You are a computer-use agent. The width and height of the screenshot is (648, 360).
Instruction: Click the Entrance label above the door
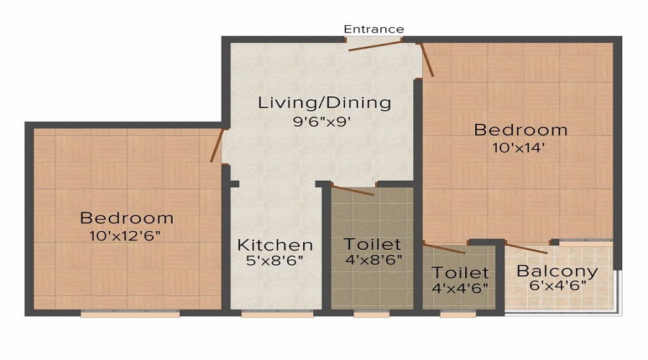coord(374,29)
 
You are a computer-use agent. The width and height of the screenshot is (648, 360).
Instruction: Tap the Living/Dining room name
coord(325,103)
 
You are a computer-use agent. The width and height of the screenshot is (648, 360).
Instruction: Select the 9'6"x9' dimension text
coord(322,122)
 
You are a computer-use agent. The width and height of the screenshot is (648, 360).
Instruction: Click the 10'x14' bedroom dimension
coord(518,148)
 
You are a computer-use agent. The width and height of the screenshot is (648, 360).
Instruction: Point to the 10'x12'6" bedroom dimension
coord(125,235)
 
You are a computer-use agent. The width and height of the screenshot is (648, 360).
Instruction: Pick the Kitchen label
coord(275,245)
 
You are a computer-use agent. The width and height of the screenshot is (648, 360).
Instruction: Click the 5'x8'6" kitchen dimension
coord(274,261)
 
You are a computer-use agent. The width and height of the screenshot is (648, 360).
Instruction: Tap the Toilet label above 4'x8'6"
coord(372,244)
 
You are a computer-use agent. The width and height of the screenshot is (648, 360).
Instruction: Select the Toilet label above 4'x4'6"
coord(460,273)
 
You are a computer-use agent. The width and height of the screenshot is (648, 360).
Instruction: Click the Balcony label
coord(557,271)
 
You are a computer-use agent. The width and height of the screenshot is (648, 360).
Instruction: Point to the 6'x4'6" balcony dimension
coord(557,285)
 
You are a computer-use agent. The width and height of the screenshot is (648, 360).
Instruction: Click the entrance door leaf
coord(375,46)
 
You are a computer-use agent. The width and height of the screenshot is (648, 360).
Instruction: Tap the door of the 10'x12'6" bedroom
coord(217,145)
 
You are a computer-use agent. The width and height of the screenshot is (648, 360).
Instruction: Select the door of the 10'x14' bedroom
coord(427,60)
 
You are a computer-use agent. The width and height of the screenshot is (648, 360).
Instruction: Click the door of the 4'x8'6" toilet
coord(353,191)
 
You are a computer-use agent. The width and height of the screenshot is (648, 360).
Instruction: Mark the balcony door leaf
coord(527,248)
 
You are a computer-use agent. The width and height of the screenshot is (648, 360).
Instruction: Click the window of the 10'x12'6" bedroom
coord(130,314)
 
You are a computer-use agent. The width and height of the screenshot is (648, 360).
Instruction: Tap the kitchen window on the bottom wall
coord(277,314)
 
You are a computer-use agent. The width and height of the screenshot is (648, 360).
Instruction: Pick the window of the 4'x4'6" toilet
coord(457,314)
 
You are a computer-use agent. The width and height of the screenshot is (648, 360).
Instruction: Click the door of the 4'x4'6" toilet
coord(445,248)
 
